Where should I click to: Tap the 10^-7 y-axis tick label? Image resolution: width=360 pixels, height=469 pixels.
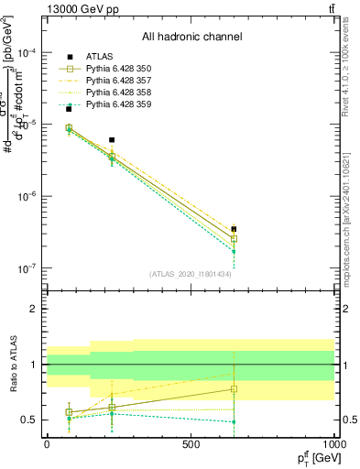coord(27,268)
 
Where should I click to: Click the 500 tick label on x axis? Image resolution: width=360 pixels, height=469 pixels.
coord(191,445)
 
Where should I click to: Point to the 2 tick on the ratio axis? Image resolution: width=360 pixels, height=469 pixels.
coord(34,310)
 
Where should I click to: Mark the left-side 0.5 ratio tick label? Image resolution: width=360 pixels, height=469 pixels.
coord(29,420)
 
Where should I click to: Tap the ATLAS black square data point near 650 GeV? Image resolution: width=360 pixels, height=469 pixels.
coord(234,229)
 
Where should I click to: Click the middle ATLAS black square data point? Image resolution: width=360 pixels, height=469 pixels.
coord(112,140)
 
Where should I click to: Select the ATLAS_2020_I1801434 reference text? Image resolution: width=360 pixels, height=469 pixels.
coord(190,274)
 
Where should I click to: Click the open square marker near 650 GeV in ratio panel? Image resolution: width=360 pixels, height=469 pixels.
coord(234,389)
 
